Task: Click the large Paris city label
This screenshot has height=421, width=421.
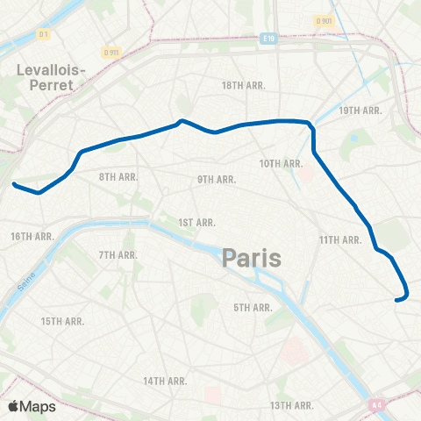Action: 251,258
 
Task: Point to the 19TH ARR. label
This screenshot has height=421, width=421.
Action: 360,111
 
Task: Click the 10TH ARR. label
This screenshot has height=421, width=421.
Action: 281,163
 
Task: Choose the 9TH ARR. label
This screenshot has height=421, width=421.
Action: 217,179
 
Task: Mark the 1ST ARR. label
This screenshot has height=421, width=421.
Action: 193,223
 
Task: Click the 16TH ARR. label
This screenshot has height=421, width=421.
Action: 34,237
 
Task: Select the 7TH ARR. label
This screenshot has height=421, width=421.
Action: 118,254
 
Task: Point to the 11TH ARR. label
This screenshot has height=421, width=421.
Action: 340,239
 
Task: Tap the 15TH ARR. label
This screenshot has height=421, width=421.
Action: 62,321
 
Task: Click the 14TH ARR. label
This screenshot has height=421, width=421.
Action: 166,381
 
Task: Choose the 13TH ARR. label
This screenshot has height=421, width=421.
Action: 292,405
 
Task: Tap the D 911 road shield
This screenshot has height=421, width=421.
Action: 110,53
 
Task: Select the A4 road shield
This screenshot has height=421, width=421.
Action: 376,404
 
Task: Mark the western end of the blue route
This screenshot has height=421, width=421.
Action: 14,184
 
